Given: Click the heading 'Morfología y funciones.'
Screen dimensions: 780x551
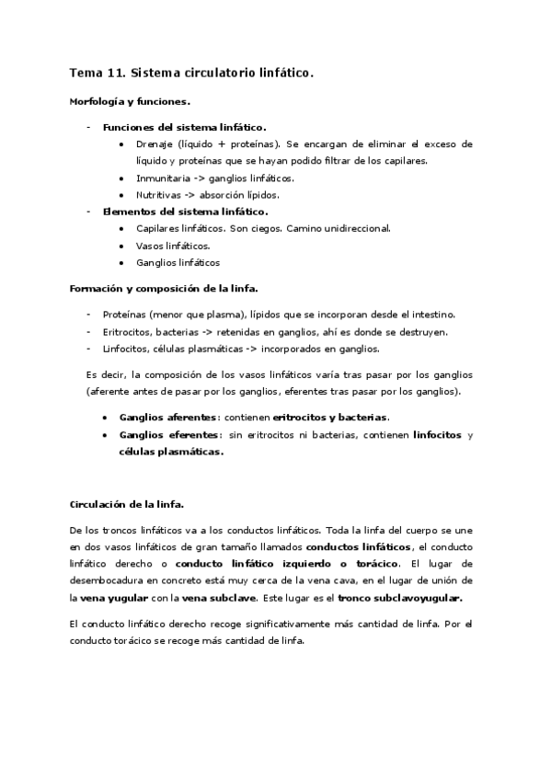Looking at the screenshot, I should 130,102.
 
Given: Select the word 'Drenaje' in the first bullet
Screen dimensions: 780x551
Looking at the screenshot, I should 156,144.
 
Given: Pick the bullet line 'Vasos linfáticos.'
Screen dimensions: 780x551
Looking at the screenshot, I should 173,246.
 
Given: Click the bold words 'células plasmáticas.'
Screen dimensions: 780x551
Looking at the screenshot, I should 171,452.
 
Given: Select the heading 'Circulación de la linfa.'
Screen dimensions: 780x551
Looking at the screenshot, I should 128,505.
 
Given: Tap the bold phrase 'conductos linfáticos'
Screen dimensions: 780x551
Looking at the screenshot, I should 358,546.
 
